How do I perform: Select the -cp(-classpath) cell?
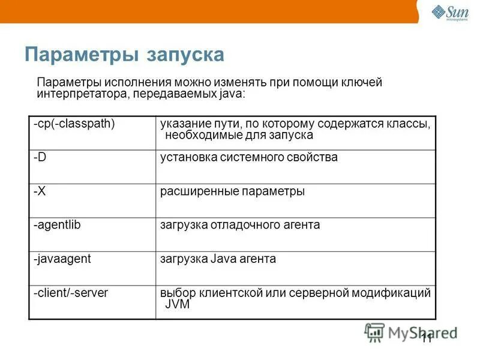tap(74, 124)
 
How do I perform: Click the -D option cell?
tap(40, 157)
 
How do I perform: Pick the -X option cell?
tap(40, 191)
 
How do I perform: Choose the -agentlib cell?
tap(57, 225)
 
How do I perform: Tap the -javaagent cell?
tap(62, 259)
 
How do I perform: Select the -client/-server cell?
tap(71, 293)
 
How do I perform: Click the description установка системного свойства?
tap(248, 157)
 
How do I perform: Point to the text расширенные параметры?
tap(232, 191)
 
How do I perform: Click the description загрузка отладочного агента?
tap(240, 225)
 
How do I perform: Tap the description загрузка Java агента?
tap(218, 259)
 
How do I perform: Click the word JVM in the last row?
tap(177, 304)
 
